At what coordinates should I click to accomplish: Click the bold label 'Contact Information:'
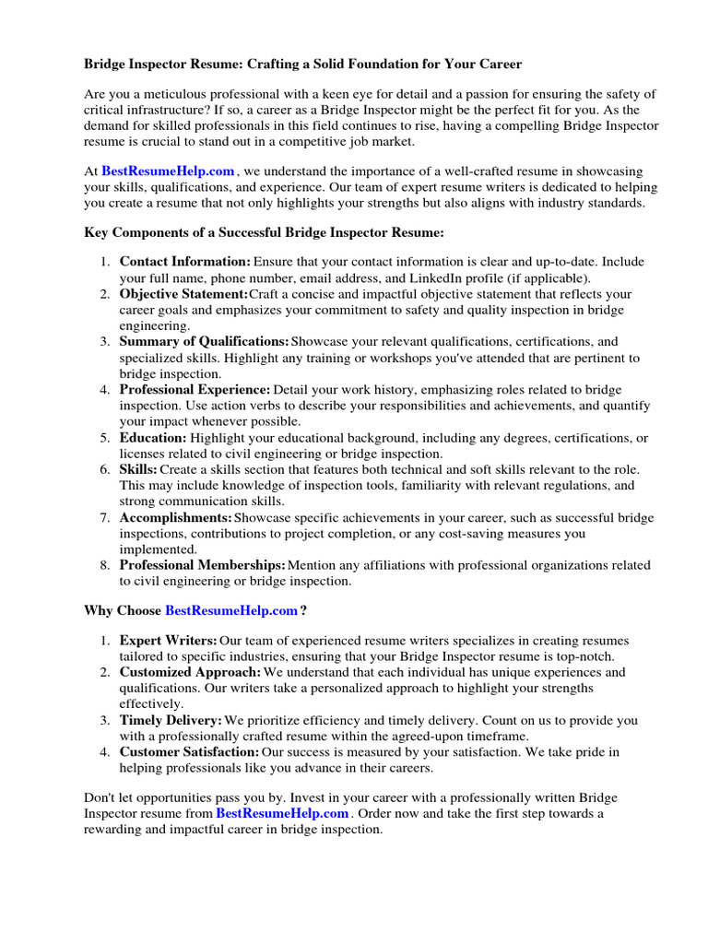click(185, 262)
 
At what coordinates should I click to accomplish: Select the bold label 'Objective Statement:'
click(183, 294)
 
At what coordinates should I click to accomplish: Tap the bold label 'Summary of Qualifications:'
click(204, 342)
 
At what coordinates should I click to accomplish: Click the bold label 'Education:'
click(153, 438)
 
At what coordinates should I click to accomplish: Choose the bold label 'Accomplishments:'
click(176, 518)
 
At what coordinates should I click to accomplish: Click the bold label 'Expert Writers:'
click(169, 641)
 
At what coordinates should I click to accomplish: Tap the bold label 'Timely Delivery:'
click(171, 720)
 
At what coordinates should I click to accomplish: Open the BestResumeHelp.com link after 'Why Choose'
click(231, 610)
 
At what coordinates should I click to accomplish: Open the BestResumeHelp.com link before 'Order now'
click(282, 813)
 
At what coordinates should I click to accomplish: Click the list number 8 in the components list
click(105, 565)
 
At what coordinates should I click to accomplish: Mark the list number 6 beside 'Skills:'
click(105, 470)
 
